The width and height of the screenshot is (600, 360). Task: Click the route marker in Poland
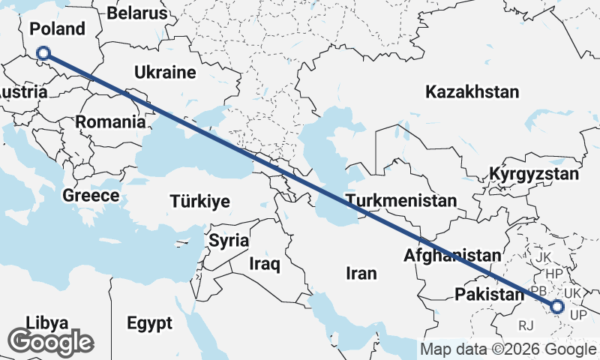(x=43, y=53)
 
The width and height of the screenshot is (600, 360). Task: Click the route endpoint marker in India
(x=557, y=306)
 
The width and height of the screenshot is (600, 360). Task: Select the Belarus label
(x=137, y=13)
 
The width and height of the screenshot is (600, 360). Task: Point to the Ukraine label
(x=165, y=73)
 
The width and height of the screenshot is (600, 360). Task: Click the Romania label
(x=109, y=121)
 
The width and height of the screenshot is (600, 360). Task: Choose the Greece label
(x=91, y=196)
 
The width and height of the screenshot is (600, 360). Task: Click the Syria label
(x=228, y=241)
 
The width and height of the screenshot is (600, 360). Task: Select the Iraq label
(x=265, y=264)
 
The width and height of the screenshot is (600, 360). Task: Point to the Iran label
(x=361, y=273)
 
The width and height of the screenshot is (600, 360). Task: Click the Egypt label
(x=148, y=323)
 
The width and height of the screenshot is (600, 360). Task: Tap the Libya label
(x=47, y=322)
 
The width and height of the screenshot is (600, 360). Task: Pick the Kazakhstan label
(x=472, y=92)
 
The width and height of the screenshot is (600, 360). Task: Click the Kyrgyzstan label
(x=534, y=174)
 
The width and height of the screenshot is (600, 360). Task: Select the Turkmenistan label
(x=400, y=201)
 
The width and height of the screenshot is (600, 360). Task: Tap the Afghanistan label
(x=451, y=255)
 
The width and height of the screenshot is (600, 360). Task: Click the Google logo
(x=51, y=342)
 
